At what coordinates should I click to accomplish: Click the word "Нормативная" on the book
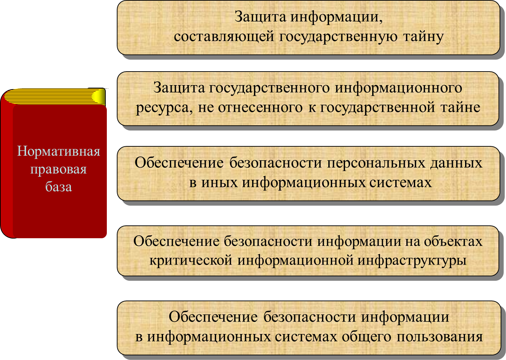[58, 151]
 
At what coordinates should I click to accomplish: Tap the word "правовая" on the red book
[58, 170]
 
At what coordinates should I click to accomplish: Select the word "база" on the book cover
[58, 187]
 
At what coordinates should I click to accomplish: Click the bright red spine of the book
[7, 167]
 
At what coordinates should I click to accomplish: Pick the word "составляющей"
[224, 37]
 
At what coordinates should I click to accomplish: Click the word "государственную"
[338, 37]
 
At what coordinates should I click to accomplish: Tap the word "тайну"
[423, 37]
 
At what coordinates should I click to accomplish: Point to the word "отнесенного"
[260, 107]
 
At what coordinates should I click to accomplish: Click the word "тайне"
[460, 107]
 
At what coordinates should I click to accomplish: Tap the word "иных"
[219, 182]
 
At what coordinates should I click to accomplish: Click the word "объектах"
[453, 241]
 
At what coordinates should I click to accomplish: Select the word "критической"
[191, 260]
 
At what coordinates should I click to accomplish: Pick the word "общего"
[366, 337]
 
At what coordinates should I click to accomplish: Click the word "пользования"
[440, 337]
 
